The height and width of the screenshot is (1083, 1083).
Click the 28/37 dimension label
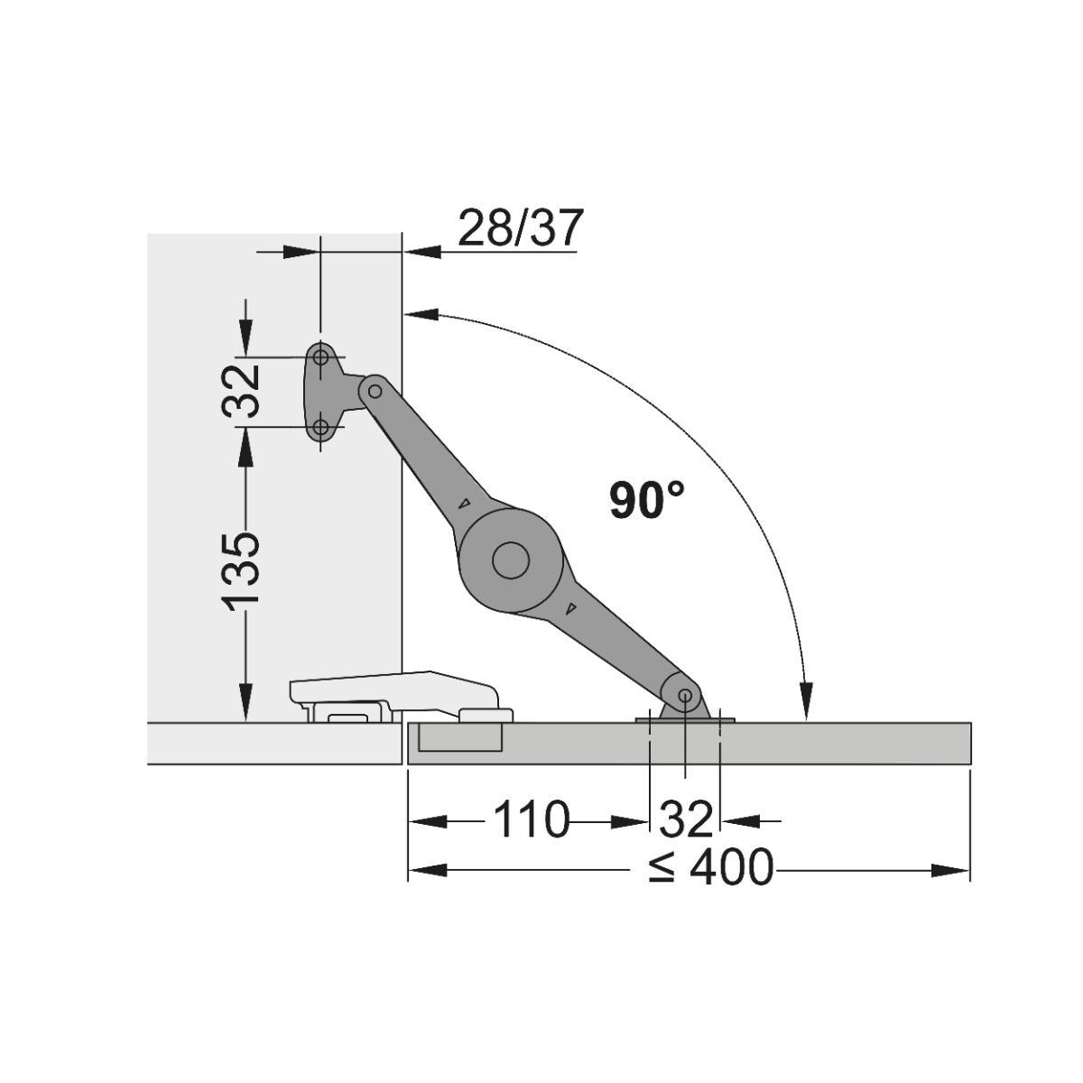pos(518,228)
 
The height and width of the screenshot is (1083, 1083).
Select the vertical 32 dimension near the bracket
pos(241,391)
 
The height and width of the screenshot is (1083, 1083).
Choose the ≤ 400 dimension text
pos(711,868)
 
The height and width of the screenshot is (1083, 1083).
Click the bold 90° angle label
pos(647,500)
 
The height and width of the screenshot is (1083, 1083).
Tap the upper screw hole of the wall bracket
pos(321,356)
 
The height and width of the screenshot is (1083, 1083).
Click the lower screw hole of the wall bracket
pos(321,428)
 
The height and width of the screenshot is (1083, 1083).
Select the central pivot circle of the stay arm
pos(511,560)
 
